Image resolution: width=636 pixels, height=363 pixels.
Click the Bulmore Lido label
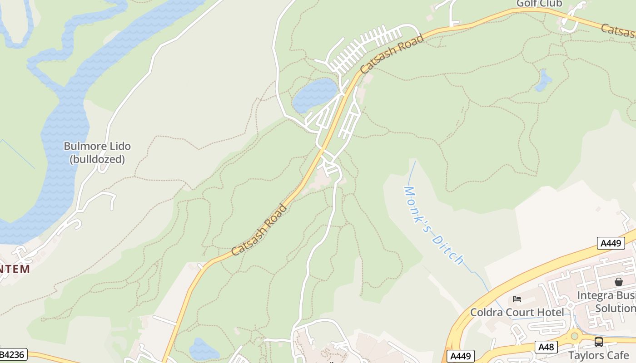tap(97, 146)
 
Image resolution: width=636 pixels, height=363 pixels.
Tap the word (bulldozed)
tap(97, 159)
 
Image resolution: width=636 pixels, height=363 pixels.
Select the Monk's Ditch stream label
tap(434, 226)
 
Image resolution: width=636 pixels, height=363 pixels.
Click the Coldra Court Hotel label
tap(517, 312)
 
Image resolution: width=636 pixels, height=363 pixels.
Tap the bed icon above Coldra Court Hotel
tap(517, 299)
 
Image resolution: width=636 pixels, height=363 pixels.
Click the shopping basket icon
tap(618, 282)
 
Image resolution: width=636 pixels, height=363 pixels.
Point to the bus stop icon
tap(599, 342)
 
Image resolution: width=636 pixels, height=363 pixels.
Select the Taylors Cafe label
tap(599, 355)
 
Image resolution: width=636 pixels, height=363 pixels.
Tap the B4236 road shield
tap(13, 354)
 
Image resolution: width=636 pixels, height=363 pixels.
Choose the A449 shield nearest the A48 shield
tap(461, 356)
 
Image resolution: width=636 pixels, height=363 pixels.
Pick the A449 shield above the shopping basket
tap(611, 243)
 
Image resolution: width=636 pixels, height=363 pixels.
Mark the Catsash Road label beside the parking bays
tap(392, 54)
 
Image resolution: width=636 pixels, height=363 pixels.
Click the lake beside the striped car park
tap(314, 94)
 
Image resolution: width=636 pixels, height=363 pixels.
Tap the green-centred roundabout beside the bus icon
tap(575, 336)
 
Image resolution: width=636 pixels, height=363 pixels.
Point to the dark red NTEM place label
tap(15, 269)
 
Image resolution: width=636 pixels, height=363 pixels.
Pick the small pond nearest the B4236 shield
tap(204, 348)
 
